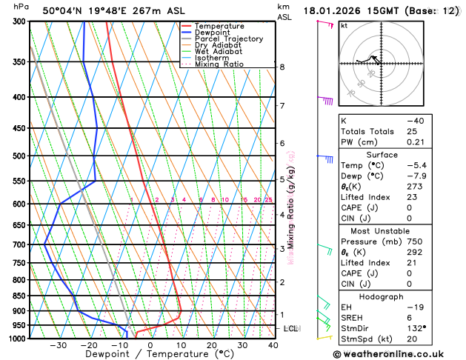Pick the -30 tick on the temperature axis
click(59, 345)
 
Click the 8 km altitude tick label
click(282, 67)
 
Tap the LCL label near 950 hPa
click(291, 328)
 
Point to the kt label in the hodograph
click(344, 25)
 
